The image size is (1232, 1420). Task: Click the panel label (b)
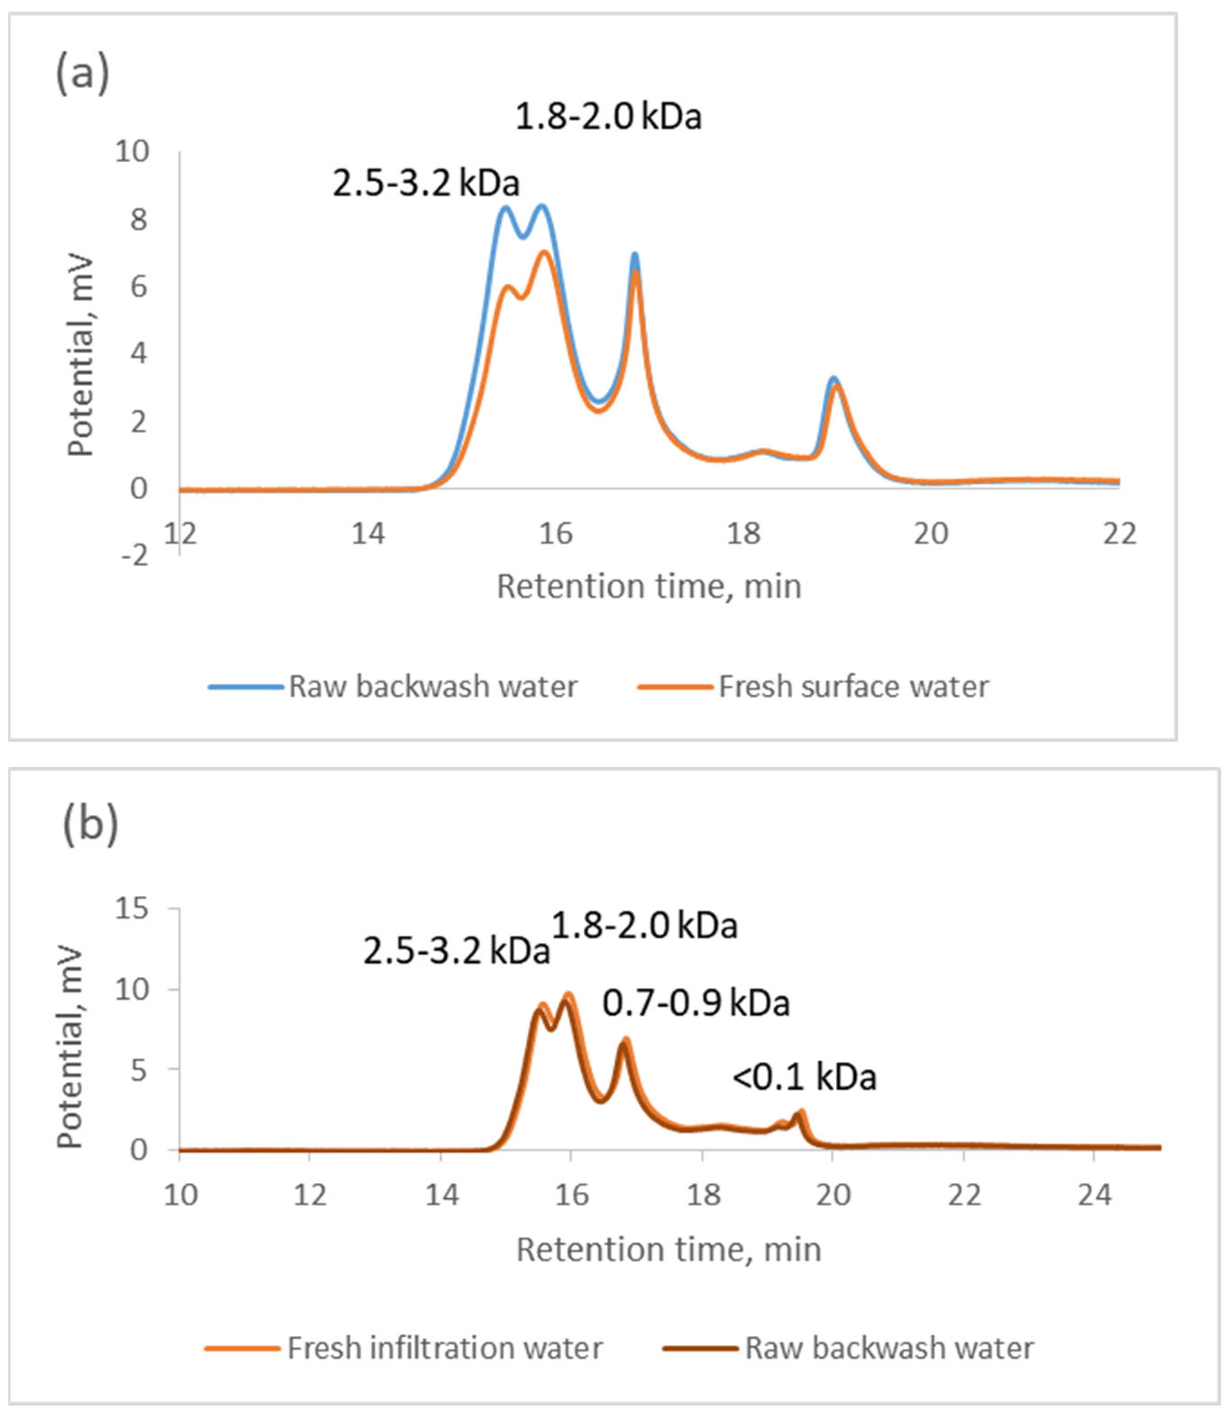pos(90,824)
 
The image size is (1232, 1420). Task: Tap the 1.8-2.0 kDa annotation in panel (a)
pos(609,117)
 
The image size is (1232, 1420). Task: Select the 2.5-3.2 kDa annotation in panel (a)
pos(426,184)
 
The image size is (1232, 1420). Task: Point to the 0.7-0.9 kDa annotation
pos(696,1004)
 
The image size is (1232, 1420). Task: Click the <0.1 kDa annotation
pos(805,1077)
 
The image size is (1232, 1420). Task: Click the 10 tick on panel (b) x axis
pos(180,1195)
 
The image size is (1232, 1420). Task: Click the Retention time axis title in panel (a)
pos(649,587)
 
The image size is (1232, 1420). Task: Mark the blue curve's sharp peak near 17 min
pos(634,254)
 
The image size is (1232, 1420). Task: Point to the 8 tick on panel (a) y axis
pos(139,220)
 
